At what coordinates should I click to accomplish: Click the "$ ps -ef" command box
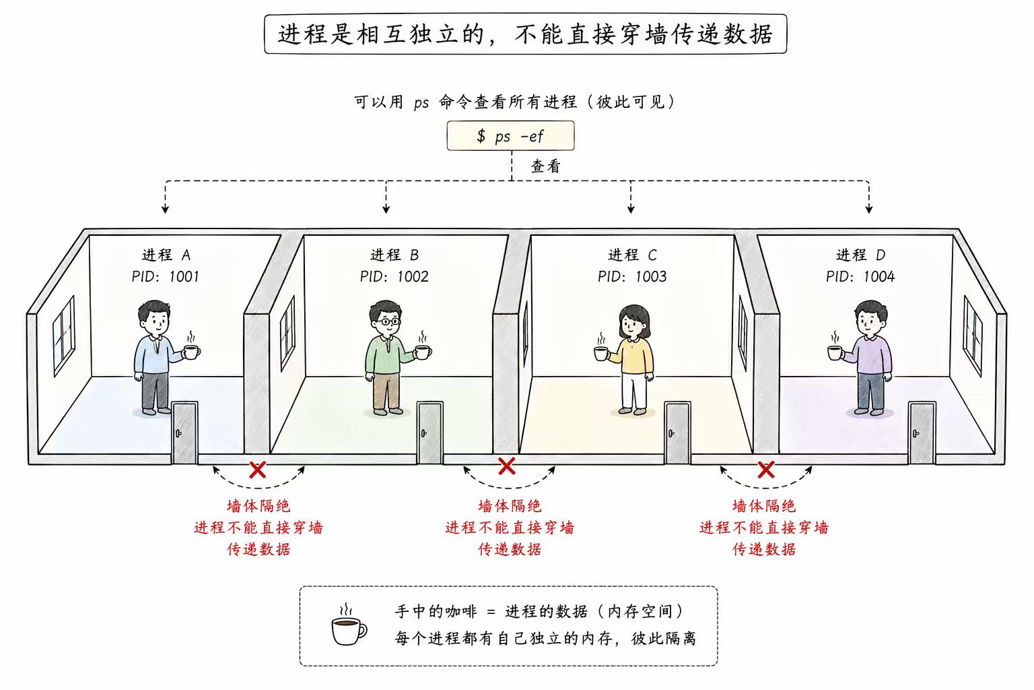(510, 135)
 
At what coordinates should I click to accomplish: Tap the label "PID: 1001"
(165, 276)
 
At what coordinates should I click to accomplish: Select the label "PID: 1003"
(631, 276)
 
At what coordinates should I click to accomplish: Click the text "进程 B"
(394, 255)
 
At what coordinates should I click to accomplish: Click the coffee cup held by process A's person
(191, 351)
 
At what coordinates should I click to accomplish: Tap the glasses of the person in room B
(386, 321)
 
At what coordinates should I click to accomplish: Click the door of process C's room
(677, 433)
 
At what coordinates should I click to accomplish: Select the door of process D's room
(922, 433)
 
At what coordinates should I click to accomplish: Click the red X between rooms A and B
(257, 470)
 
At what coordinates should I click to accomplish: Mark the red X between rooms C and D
(765, 470)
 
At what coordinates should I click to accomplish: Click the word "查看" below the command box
(545, 166)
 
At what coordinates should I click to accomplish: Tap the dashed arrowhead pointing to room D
(868, 208)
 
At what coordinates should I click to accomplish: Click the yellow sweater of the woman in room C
(635, 354)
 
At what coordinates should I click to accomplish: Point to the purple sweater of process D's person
(872, 354)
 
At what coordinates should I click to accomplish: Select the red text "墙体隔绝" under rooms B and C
(510, 505)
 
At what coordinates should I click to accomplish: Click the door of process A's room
(184, 433)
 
